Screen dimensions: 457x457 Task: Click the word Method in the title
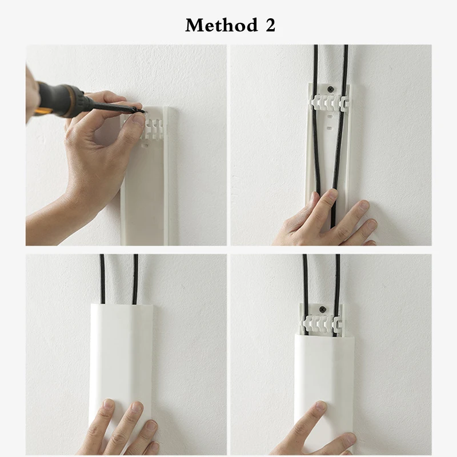tap(222, 25)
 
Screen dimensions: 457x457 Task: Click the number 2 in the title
tap(270, 25)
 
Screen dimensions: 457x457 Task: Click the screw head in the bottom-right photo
tap(322, 309)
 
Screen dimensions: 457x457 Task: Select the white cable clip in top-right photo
tap(328, 103)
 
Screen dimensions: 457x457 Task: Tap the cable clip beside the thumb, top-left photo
tap(154, 128)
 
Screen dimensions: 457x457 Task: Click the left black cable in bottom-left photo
tap(102, 279)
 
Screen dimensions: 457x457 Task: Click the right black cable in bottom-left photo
tap(135, 279)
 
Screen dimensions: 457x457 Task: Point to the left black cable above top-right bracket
tap(316, 65)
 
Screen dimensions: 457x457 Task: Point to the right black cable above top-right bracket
tap(346, 65)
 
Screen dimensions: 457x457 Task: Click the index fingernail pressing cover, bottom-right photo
tap(320, 406)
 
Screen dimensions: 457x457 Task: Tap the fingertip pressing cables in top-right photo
tap(331, 194)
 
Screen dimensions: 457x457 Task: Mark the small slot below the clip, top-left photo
tap(146, 145)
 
